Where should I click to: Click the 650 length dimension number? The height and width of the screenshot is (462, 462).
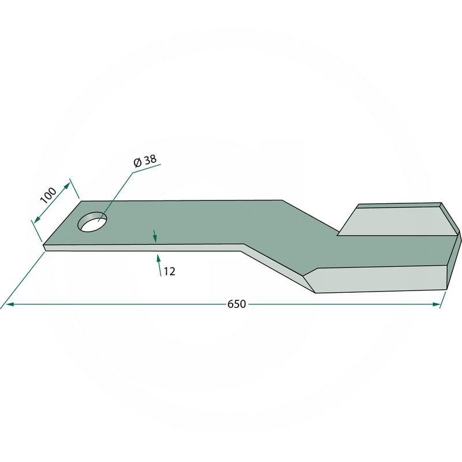tap(236, 304)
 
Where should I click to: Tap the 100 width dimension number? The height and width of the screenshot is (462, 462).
tap(49, 195)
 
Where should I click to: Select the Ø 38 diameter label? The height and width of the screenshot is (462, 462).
tap(145, 161)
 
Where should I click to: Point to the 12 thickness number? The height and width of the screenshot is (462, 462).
tap(169, 271)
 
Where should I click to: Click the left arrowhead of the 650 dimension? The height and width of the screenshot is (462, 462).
tap(10, 304)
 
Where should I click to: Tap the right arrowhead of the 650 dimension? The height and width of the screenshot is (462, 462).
tap(436, 304)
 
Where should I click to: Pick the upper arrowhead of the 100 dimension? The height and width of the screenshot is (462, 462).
tap(67, 185)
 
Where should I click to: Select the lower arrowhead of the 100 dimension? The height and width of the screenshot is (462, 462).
tap(37, 219)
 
